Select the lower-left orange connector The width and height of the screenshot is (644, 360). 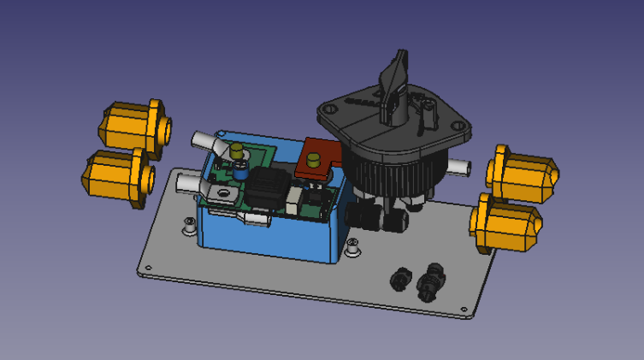(x=115, y=175)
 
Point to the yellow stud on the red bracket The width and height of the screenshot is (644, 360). (x=314, y=159)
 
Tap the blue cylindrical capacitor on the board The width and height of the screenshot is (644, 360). (x=241, y=174)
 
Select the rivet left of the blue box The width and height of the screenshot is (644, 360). (x=188, y=225)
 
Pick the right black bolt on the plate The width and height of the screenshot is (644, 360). (x=429, y=281)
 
